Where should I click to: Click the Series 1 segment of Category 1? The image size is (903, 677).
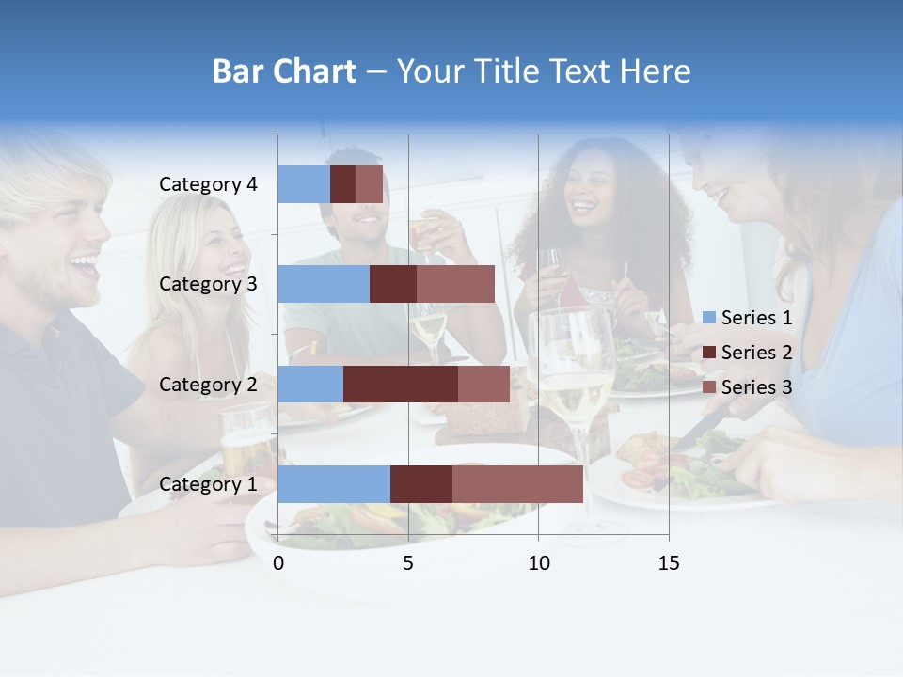(x=334, y=484)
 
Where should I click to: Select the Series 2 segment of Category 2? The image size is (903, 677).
(x=401, y=385)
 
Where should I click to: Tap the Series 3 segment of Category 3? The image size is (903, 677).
(x=455, y=284)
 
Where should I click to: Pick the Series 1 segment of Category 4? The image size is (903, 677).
(x=304, y=184)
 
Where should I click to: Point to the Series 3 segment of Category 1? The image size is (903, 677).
(x=517, y=484)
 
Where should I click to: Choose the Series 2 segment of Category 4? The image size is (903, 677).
(x=343, y=184)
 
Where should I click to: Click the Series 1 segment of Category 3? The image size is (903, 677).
(x=324, y=284)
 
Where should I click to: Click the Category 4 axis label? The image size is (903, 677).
(x=208, y=184)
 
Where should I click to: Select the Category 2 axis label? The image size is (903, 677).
(x=208, y=385)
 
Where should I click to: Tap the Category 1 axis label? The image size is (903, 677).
(x=208, y=484)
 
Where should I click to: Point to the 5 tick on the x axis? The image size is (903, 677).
(x=408, y=563)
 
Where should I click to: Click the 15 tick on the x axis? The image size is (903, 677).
(x=668, y=563)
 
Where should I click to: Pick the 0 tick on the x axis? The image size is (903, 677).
(x=278, y=563)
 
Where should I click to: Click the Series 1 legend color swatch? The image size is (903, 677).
(x=709, y=319)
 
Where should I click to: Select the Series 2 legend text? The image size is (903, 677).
(x=756, y=353)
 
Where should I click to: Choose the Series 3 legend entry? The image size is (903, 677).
(x=748, y=387)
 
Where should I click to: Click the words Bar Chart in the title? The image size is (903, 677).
(x=284, y=71)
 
